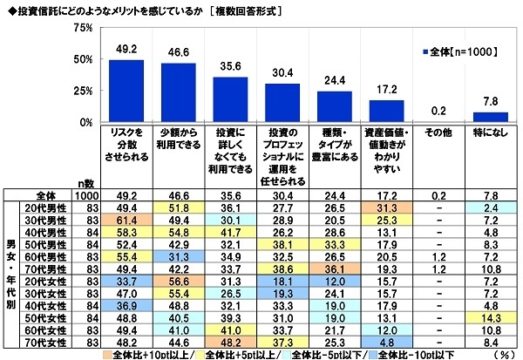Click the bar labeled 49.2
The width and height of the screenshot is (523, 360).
(119, 91)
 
